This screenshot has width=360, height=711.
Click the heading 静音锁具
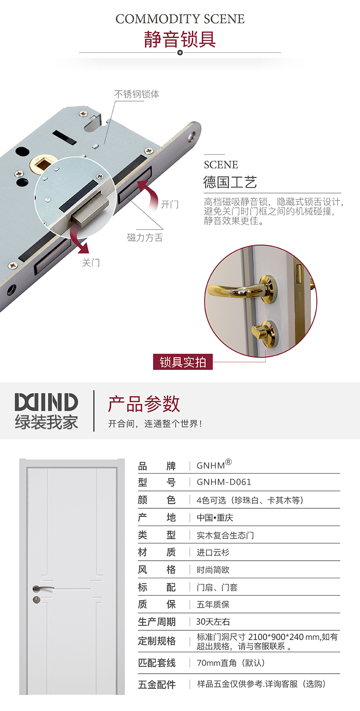(180, 40)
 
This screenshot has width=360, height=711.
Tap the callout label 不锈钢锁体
(137, 94)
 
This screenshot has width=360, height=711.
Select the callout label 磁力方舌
(145, 237)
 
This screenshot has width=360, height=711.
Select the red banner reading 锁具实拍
(183, 362)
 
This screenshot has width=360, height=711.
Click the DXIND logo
(46, 403)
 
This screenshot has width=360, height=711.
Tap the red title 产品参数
(144, 404)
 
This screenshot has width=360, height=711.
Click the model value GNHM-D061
(224, 482)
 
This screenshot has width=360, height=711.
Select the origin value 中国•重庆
(215, 517)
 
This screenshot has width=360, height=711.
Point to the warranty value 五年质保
(213, 604)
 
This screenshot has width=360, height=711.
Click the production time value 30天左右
(213, 621)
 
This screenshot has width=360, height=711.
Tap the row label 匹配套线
(157, 663)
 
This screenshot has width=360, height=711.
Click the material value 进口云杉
(213, 552)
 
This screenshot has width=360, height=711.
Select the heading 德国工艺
(230, 182)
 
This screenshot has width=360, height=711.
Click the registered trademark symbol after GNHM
(229, 462)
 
